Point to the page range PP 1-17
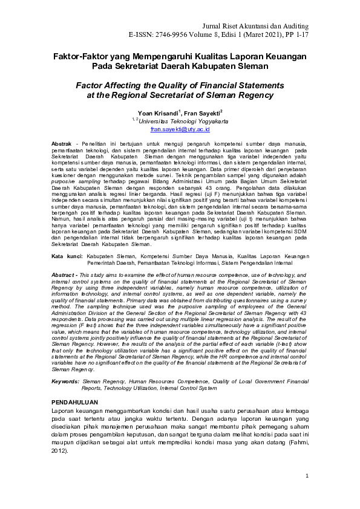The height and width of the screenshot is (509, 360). click(295, 36)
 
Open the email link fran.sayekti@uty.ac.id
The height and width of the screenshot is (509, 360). click(180, 129)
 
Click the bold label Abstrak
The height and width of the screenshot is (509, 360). click(62, 143)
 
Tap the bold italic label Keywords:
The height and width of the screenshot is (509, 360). click(65, 382)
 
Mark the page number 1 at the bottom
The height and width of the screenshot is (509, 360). click(307, 476)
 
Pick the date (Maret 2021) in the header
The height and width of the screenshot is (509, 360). click(263, 36)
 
